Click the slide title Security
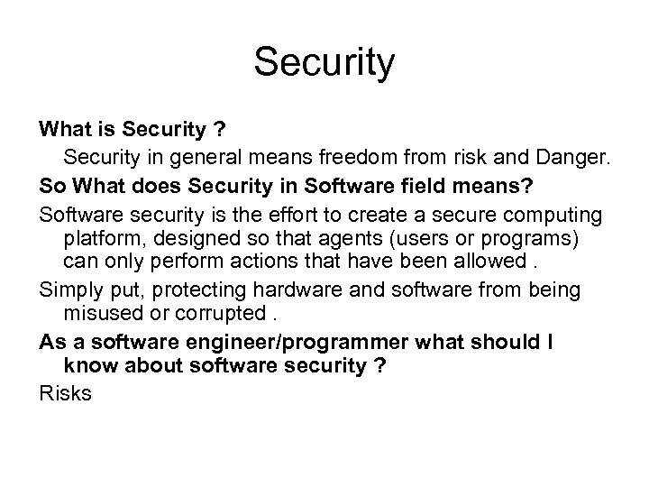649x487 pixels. pos(324,64)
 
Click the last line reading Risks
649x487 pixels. pos(66,393)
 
